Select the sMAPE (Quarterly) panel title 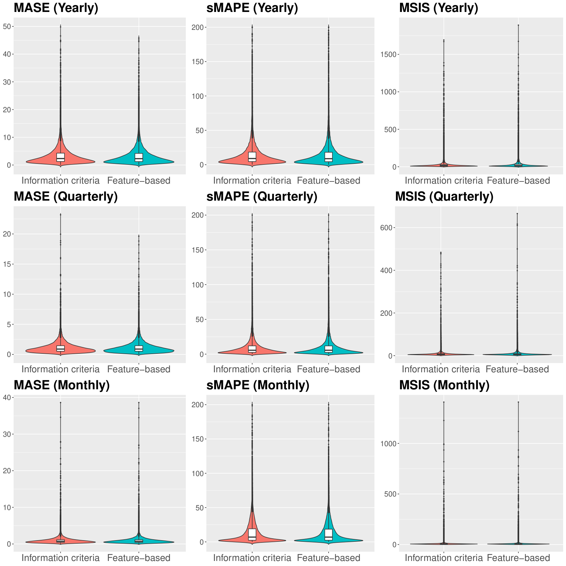tap(262, 197)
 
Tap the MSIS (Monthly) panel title tap(444, 386)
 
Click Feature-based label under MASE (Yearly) tap(139, 180)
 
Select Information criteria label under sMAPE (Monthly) tap(252, 558)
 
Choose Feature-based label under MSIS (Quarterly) tap(517, 369)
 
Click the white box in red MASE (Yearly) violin tap(60, 157)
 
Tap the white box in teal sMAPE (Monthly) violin tap(329, 535)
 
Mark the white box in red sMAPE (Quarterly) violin tap(252, 349)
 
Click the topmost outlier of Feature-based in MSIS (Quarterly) tap(517, 214)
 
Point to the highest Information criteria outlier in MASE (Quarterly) tap(60, 214)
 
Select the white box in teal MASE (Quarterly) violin tap(139, 348)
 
